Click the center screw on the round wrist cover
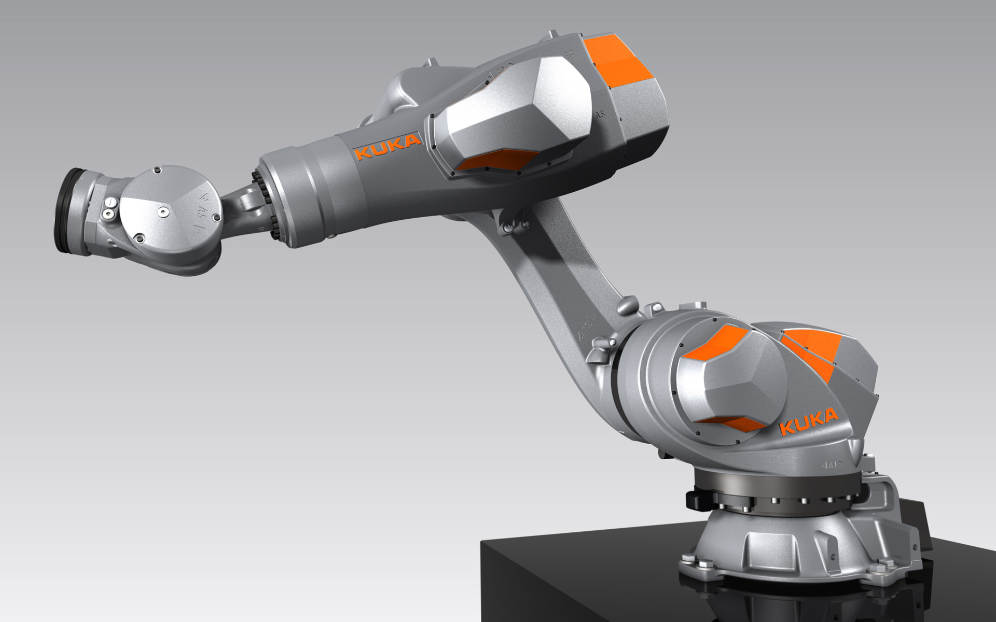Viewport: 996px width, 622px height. pyautogui.click(x=162, y=210)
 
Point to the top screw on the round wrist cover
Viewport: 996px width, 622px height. pyautogui.click(x=157, y=169)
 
